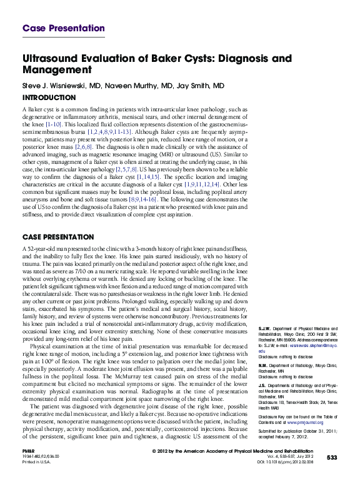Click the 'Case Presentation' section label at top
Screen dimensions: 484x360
(x=63, y=28)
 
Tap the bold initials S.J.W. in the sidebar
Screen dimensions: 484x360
(x=266, y=328)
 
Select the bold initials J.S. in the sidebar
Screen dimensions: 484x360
(x=262, y=385)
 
